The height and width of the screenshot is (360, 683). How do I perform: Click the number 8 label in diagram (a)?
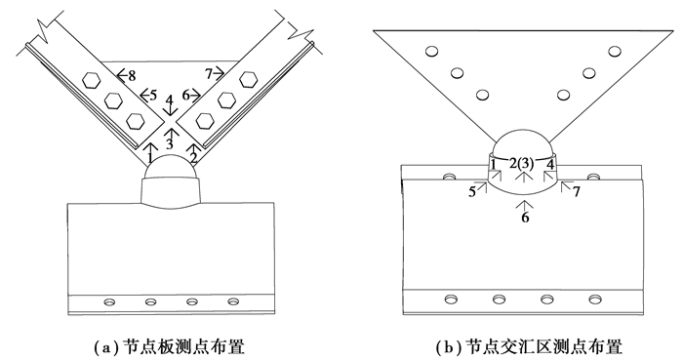click(x=132, y=76)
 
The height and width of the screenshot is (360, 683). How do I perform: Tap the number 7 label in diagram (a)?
click(x=209, y=74)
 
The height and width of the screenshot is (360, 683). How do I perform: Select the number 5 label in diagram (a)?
click(x=152, y=95)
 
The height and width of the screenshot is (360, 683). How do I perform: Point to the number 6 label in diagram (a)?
click(x=186, y=95)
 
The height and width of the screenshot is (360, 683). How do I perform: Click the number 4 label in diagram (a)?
click(x=170, y=100)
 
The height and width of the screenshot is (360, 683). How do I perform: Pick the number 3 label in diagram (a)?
click(x=170, y=142)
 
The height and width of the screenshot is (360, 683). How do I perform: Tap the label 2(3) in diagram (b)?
click(x=521, y=164)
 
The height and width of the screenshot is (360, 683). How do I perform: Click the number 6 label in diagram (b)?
click(x=525, y=218)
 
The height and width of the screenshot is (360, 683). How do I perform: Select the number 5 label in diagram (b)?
click(x=472, y=192)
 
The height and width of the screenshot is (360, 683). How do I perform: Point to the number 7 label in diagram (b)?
click(x=577, y=191)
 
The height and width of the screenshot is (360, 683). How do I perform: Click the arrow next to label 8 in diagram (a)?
click(x=122, y=75)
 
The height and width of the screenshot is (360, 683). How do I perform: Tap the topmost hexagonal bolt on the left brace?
click(x=91, y=80)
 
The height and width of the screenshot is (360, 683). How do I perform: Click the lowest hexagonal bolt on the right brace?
click(x=204, y=120)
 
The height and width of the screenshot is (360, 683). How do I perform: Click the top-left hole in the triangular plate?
click(x=431, y=52)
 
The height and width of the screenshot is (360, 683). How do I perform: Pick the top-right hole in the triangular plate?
click(x=615, y=52)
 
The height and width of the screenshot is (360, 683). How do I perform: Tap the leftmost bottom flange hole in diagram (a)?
click(x=109, y=301)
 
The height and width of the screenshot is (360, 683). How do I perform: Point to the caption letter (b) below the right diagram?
click(x=446, y=347)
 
